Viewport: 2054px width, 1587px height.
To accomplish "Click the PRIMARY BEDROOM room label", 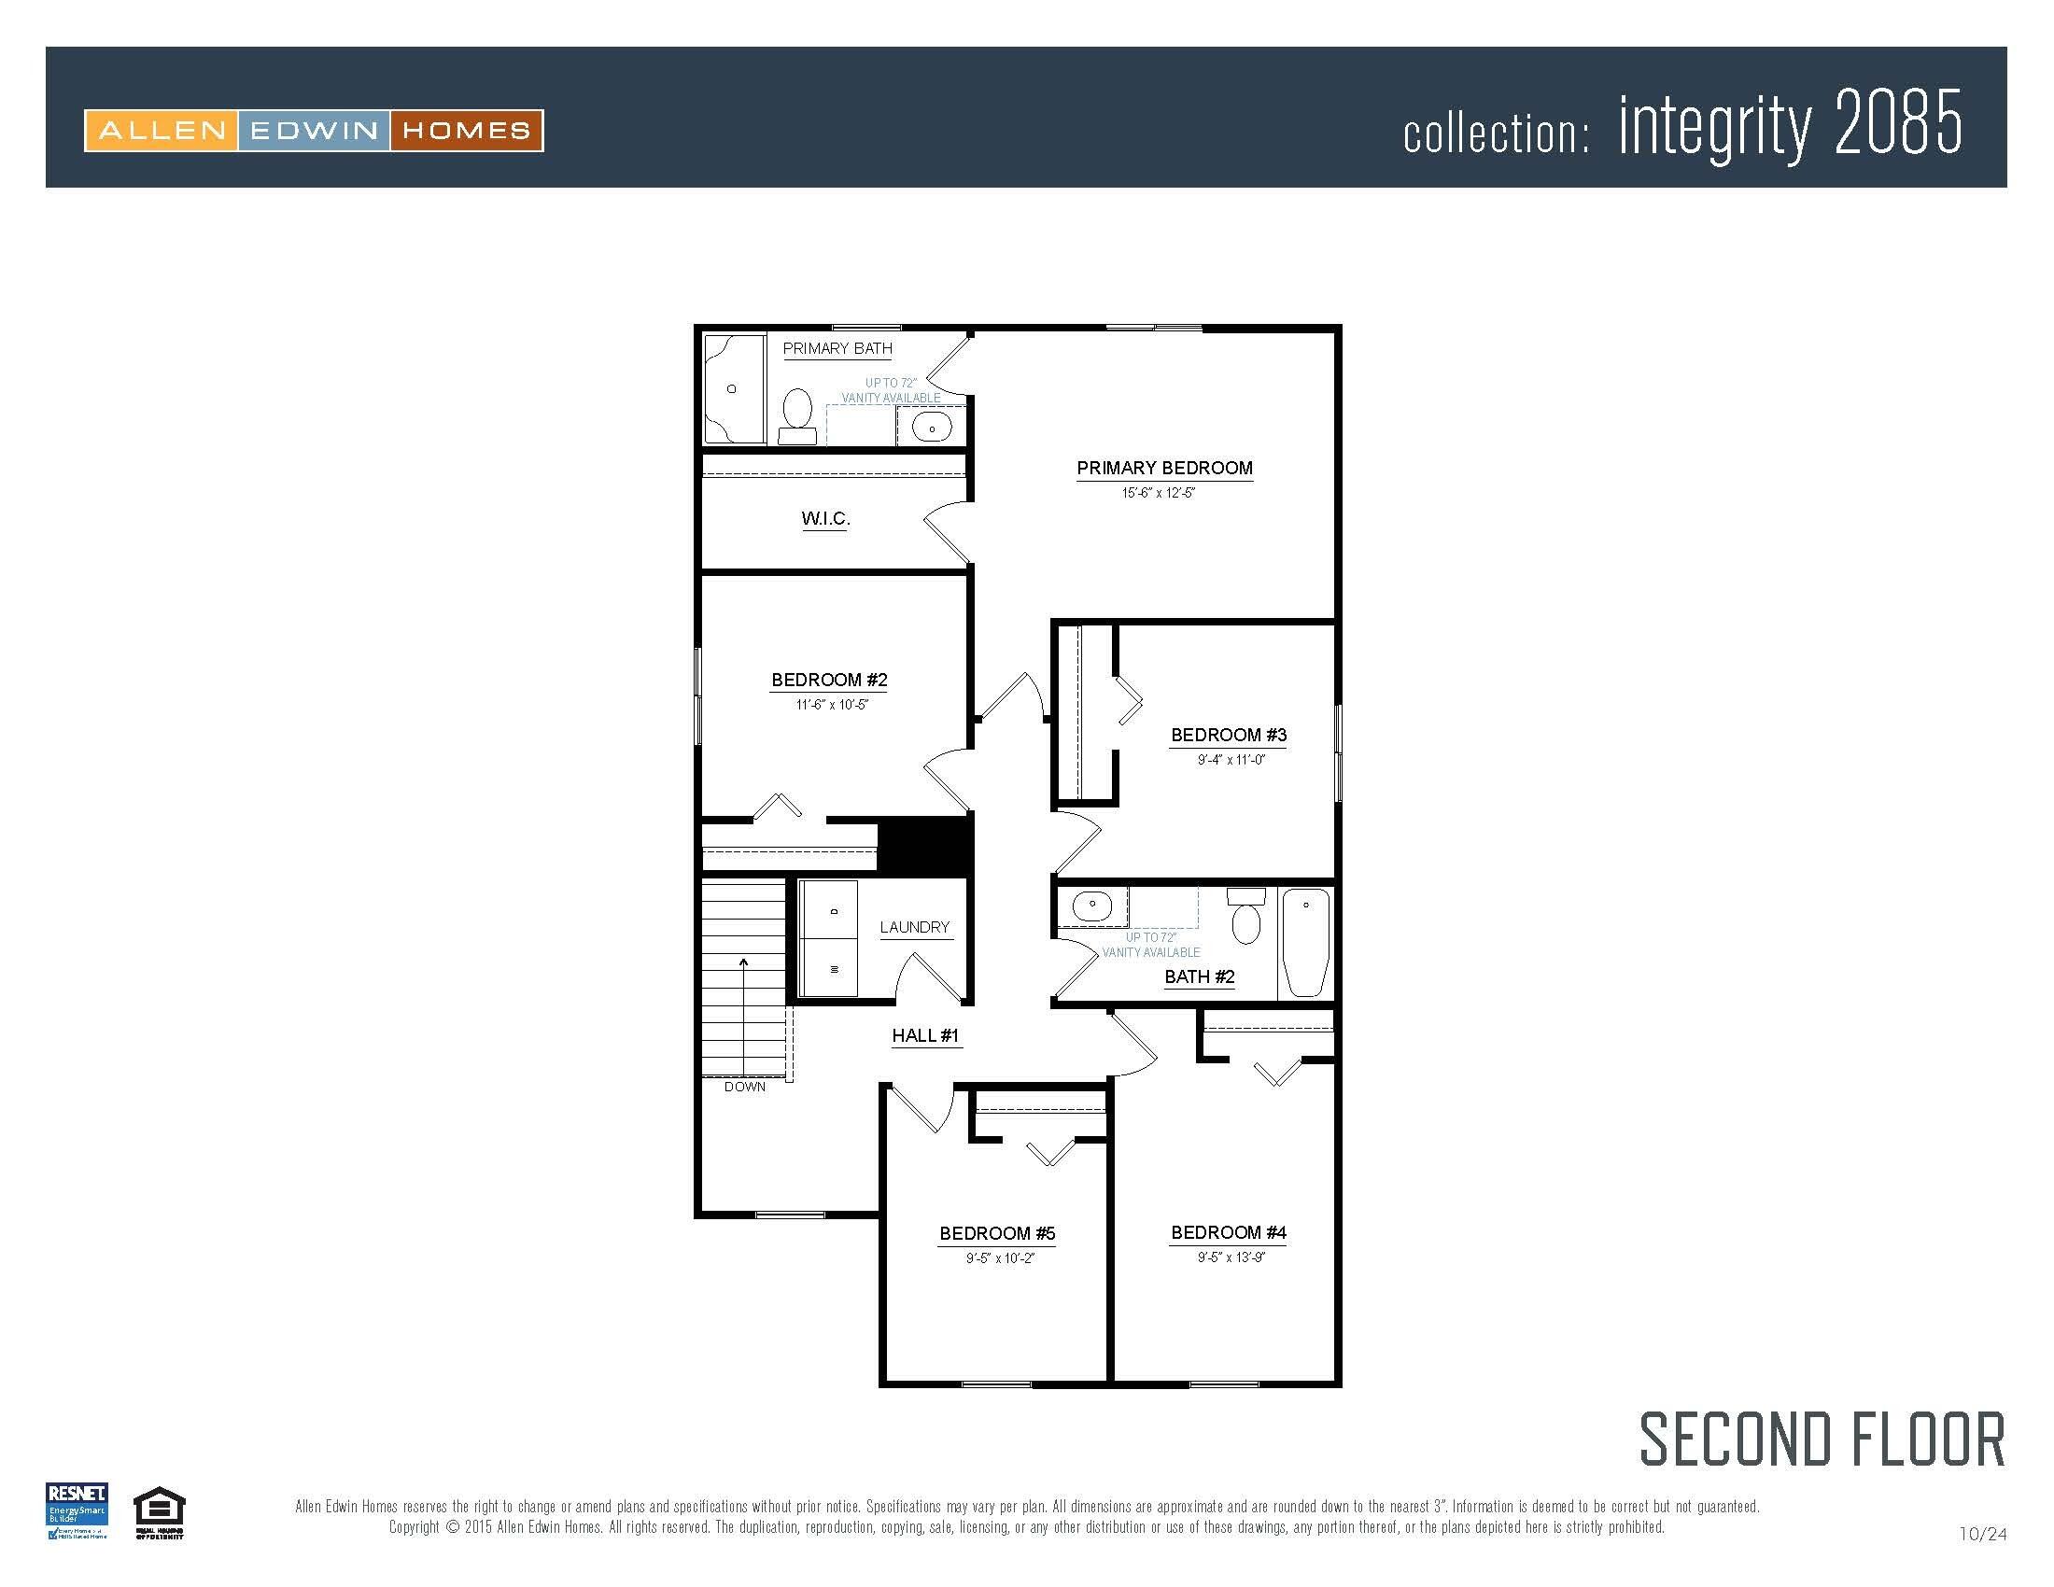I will pyautogui.click(x=1164, y=469).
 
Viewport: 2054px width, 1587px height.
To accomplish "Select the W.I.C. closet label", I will pyautogui.click(x=825, y=519).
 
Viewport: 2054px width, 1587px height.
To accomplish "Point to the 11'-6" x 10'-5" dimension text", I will pyautogui.click(x=831, y=705).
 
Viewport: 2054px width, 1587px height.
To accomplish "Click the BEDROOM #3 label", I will pyautogui.click(x=1229, y=736).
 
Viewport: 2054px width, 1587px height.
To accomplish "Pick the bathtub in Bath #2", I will pyautogui.click(x=1305, y=942).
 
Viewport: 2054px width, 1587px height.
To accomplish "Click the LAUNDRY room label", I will pyautogui.click(x=914, y=928).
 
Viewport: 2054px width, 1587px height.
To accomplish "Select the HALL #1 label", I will pyautogui.click(x=925, y=1036).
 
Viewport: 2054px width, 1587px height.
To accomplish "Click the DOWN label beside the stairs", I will pyautogui.click(x=745, y=1087).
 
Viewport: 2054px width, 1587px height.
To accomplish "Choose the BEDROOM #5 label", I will pyautogui.click(x=997, y=1233).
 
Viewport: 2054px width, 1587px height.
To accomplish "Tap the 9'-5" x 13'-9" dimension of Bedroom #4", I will pyautogui.click(x=1231, y=1258).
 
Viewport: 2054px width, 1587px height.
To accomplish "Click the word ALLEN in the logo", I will pyautogui.click(x=162, y=131).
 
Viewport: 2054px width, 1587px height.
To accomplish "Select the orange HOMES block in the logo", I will pyautogui.click(x=467, y=131).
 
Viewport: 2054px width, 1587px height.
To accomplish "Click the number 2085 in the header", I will pyautogui.click(x=1898, y=124).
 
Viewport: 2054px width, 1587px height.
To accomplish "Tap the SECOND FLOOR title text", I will pyautogui.click(x=1822, y=1440).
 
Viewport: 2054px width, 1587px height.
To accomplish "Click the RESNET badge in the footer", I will pyautogui.click(x=77, y=1510).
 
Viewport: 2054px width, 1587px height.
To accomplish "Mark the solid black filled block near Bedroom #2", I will pyautogui.click(x=924, y=846).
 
